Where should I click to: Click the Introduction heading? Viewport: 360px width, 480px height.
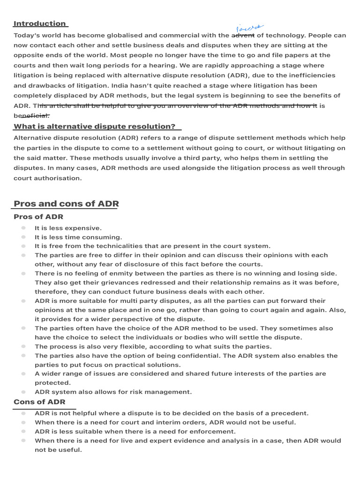[x=40, y=24]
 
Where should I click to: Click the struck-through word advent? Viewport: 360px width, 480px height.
[x=243, y=35]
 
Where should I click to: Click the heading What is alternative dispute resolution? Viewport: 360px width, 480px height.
[x=95, y=127]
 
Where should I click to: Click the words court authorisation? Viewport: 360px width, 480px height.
[x=48, y=178]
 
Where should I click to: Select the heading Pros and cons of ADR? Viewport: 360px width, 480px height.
[x=66, y=204]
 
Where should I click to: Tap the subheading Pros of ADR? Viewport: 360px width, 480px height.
[x=38, y=217]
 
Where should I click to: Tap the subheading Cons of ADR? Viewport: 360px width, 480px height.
[x=39, y=402]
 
